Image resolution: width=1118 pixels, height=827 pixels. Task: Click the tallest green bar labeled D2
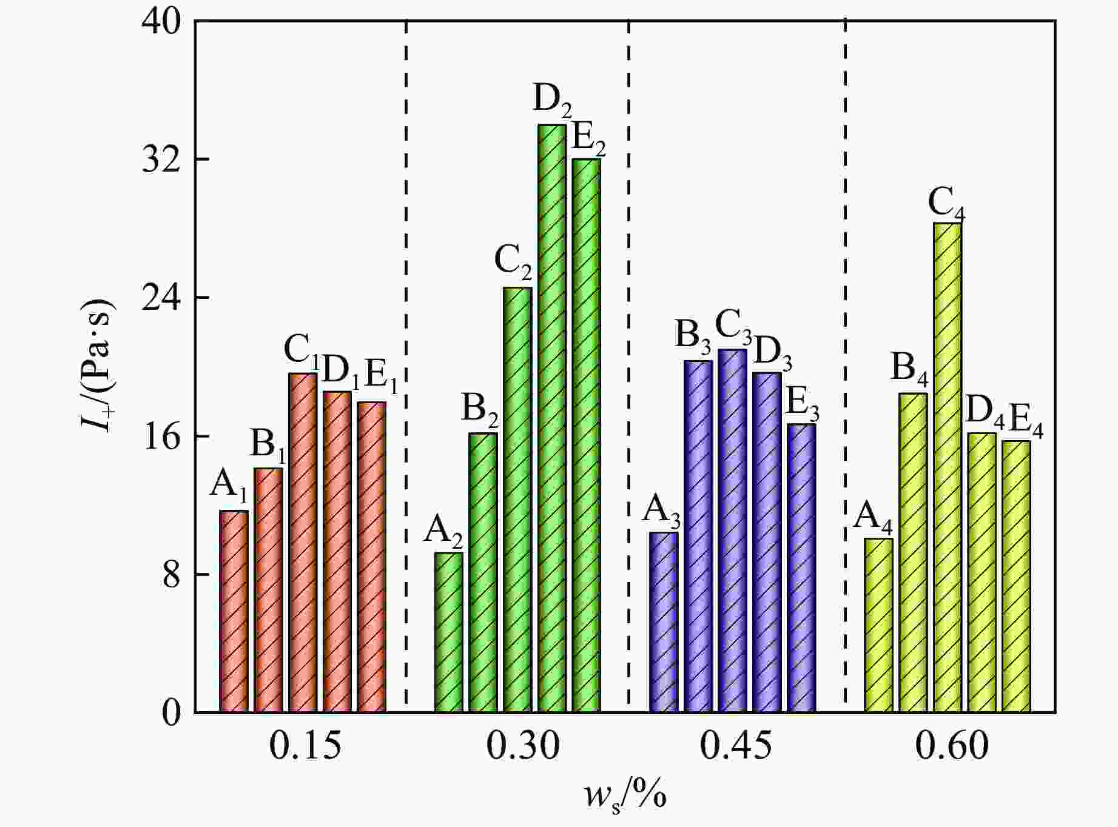tap(551, 418)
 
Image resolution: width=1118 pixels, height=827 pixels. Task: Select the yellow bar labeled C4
tap(947, 467)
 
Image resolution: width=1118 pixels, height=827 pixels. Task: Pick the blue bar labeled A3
tap(663, 621)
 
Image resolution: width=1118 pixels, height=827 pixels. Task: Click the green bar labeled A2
tap(449, 632)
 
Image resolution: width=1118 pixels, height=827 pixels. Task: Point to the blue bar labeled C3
tap(732, 531)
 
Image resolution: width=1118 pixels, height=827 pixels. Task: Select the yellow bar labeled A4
tap(878, 624)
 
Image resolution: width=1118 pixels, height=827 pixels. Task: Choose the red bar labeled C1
tap(303, 543)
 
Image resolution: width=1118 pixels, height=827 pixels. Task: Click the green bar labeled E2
tap(586, 435)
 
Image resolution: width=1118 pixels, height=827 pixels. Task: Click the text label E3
tap(803, 404)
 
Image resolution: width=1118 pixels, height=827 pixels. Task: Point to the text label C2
tap(513, 261)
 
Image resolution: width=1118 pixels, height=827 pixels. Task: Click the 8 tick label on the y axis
tap(171, 574)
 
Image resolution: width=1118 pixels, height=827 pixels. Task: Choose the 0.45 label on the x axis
tap(736, 746)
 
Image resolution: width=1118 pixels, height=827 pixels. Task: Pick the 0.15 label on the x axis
tap(305, 746)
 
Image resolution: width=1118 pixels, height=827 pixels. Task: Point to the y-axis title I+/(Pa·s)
tap(98, 366)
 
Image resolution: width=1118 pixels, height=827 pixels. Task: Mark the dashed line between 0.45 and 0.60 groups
tap(845, 364)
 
